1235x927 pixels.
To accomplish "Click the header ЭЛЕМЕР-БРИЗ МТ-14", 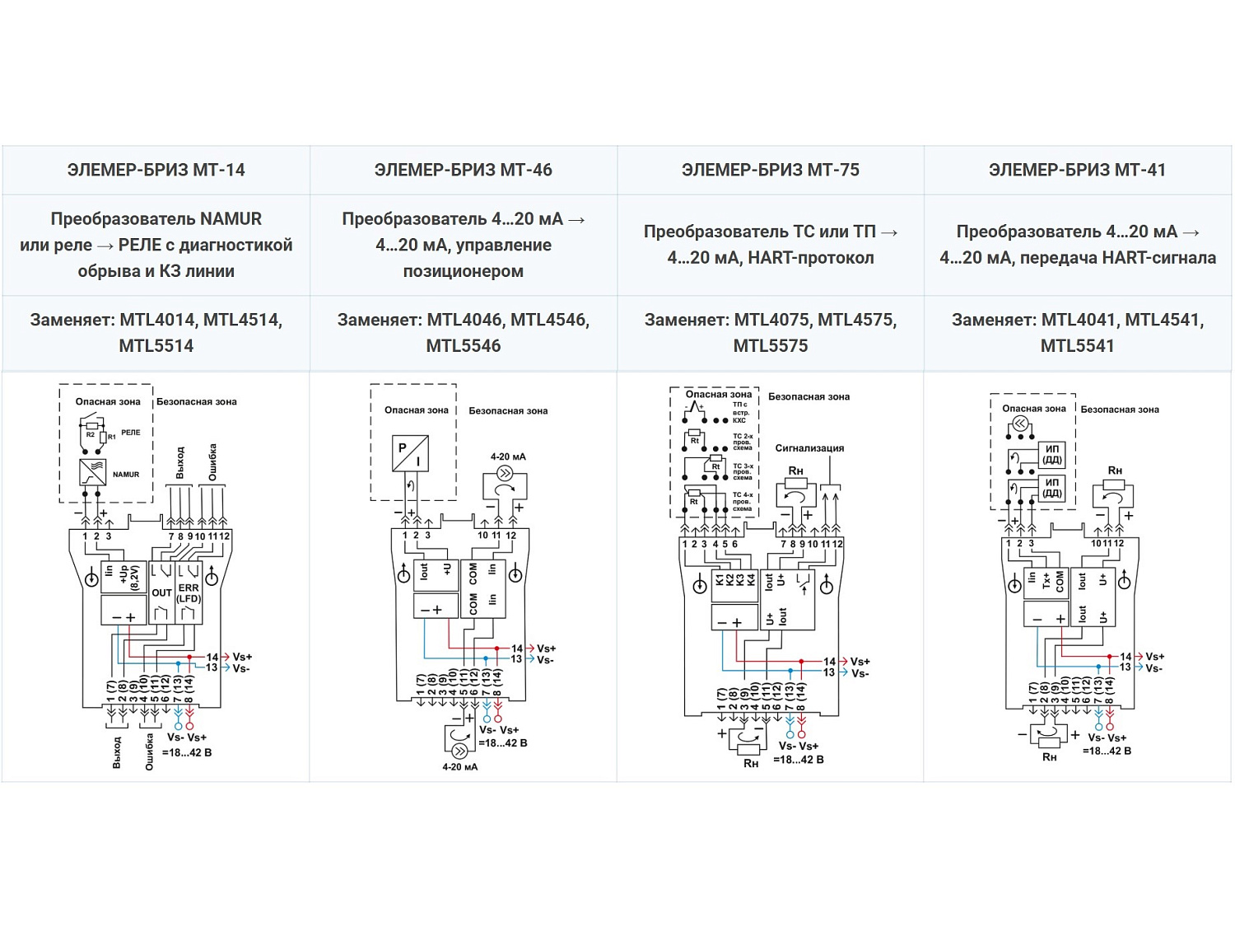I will [x=156, y=171].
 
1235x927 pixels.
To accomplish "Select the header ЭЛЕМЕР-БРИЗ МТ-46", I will [x=463, y=171].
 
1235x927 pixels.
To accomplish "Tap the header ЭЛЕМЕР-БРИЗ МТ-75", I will [x=770, y=171].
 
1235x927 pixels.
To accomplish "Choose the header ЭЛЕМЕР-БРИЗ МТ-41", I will [x=1077, y=171].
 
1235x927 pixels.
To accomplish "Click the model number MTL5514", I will [x=156, y=346].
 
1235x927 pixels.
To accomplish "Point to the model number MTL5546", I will [x=463, y=346].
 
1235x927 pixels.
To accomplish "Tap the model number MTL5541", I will [x=1077, y=346].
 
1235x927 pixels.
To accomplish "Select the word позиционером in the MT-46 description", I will [x=463, y=271].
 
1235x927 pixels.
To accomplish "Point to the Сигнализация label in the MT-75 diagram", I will [x=809, y=448].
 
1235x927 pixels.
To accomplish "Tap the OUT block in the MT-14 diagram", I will [x=161, y=592].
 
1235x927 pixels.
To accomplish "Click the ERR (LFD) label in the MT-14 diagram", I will [x=189, y=593].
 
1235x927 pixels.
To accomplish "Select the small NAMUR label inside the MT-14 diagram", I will [x=126, y=475].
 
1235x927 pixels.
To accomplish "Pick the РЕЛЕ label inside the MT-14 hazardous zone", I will [x=131, y=433].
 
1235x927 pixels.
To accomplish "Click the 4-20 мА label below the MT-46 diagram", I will [x=459, y=767].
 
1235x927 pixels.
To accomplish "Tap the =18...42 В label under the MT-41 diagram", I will [x=1107, y=751].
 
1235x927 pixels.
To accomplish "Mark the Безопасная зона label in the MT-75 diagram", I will [x=809, y=397].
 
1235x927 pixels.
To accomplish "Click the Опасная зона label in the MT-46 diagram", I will [x=417, y=410].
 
